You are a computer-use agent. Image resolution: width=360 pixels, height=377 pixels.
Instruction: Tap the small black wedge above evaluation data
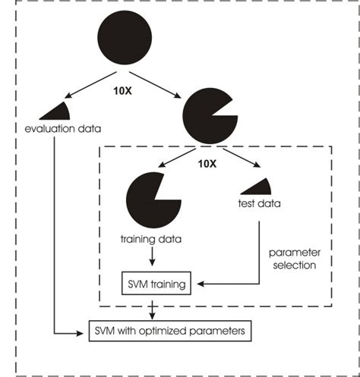(55, 110)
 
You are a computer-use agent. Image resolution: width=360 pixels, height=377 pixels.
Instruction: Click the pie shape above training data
(151, 199)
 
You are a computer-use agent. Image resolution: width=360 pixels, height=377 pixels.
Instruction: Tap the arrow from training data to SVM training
(154, 259)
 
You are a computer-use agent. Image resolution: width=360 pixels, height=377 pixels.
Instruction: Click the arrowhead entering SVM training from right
(197, 287)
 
